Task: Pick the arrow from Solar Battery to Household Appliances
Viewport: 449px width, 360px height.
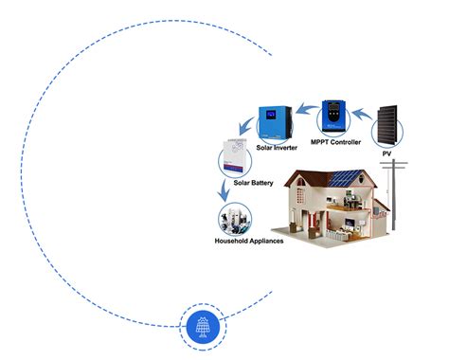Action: tap(224, 193)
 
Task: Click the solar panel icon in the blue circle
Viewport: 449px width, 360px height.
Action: tap(201, 327)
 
